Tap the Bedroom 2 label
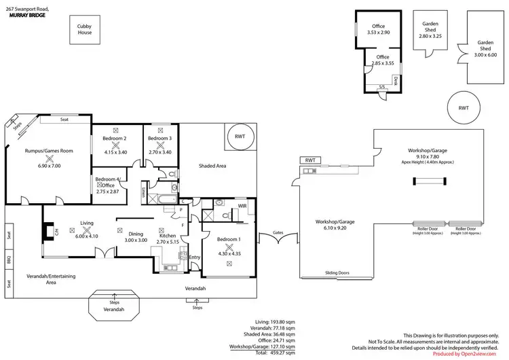click(115, 139)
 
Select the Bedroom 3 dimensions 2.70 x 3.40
click(160, 152)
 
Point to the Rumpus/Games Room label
click(49, 150)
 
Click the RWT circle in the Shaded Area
click(240, 136)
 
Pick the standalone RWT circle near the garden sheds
click(464, 107)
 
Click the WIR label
click(242, 205)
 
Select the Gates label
click(278, 232)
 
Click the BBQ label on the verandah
click(9, 259)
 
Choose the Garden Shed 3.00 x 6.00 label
click(484, 45)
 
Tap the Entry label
click(195, 257)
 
